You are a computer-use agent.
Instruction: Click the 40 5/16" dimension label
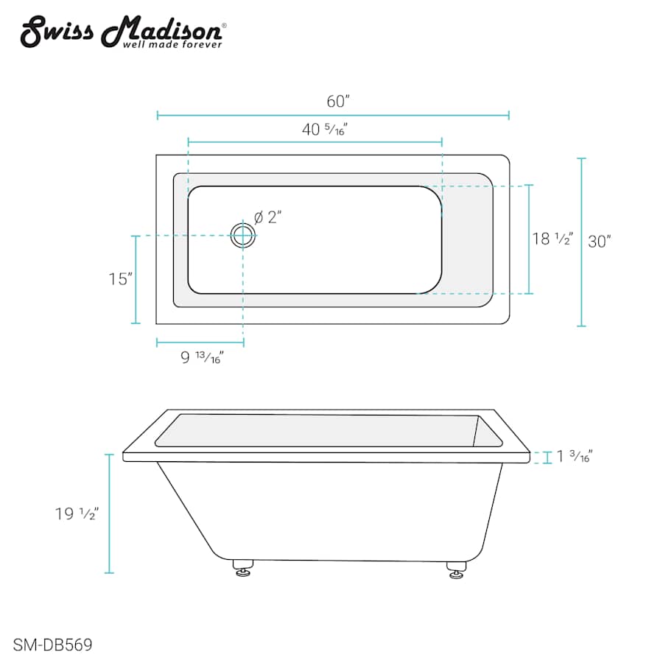(324, 130)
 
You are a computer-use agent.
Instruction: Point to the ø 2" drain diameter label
(268, 217)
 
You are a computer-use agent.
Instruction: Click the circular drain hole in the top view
(242, 235)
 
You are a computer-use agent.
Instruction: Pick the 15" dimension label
(119, 279)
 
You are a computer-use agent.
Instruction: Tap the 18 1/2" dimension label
(552, 239)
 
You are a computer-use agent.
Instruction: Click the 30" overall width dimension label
(600, 241)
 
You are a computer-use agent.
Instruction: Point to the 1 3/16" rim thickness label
(575, 457)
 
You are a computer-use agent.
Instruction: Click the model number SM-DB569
(52, 645)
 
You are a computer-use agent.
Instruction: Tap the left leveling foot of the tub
(242, 567)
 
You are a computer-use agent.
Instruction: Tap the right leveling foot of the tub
(456, 569)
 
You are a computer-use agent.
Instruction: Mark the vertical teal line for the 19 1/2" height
(110, 513)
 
